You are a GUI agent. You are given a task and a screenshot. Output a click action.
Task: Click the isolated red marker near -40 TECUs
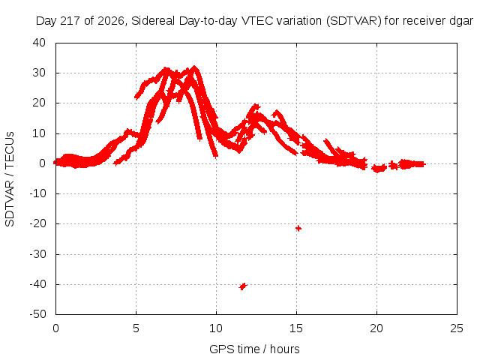[243, 286]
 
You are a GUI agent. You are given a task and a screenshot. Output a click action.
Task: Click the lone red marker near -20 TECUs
[298, 228]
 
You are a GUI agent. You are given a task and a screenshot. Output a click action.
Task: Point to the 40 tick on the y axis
[39, 43]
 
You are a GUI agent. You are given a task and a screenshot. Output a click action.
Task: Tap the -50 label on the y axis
[38, 314]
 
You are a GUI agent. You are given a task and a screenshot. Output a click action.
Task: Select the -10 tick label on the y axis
[38, 193]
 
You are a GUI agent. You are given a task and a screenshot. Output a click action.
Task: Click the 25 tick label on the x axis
[457, 328]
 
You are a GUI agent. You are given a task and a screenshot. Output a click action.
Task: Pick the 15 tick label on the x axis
[296, 328]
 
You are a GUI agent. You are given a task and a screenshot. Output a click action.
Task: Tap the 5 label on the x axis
[136, 328]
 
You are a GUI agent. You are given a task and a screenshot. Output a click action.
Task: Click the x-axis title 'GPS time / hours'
[254, 349]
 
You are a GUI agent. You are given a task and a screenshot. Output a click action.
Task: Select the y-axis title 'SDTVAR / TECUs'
[10, 179]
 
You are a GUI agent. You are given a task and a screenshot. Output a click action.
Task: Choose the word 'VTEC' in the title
[257, 21]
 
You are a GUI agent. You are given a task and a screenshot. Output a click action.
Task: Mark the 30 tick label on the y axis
[39, 73]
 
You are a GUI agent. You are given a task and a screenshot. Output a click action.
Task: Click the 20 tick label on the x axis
[376, 328]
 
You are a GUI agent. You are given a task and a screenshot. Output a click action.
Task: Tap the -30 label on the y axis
[38, 254]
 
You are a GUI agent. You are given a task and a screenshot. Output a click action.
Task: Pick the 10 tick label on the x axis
[216, 328]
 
